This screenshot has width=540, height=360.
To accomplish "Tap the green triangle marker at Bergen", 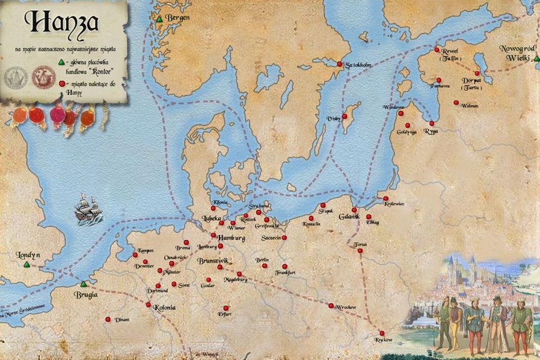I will [159, 19].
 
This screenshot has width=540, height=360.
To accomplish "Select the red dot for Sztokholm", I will [339, 64].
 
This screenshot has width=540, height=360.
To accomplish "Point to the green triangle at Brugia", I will [84, 284].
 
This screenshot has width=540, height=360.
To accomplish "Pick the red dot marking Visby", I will [345, 117].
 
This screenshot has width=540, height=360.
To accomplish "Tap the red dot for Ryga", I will [432, 123].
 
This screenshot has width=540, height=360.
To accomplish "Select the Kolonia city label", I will [164, 308].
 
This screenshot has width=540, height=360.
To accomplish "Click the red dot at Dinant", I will [108, 319].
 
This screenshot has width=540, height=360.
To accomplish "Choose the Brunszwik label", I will [212, 261].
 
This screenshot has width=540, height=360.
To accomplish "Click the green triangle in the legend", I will [61, 61].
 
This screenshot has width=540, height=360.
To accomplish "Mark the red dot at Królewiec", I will [385, 198].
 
